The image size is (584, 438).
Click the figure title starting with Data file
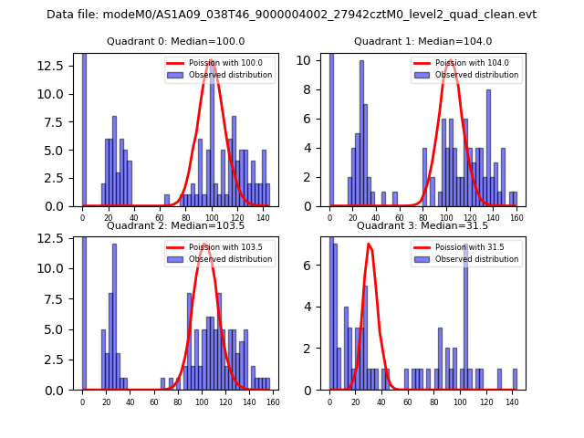point(291,15)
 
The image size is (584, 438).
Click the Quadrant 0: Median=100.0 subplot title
point(175,41)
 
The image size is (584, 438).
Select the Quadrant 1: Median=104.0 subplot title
point(422,41)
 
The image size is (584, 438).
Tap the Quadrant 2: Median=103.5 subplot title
point(175,225)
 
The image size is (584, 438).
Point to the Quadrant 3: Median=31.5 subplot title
point(422,225)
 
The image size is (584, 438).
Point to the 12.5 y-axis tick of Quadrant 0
point(54,66)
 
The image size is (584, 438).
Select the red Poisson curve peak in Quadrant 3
point(369,244)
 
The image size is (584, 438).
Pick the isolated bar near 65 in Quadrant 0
point(167,201)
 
